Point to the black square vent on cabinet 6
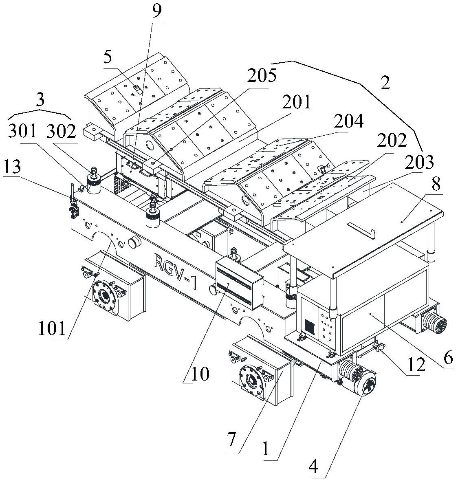(x=310, y=325)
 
